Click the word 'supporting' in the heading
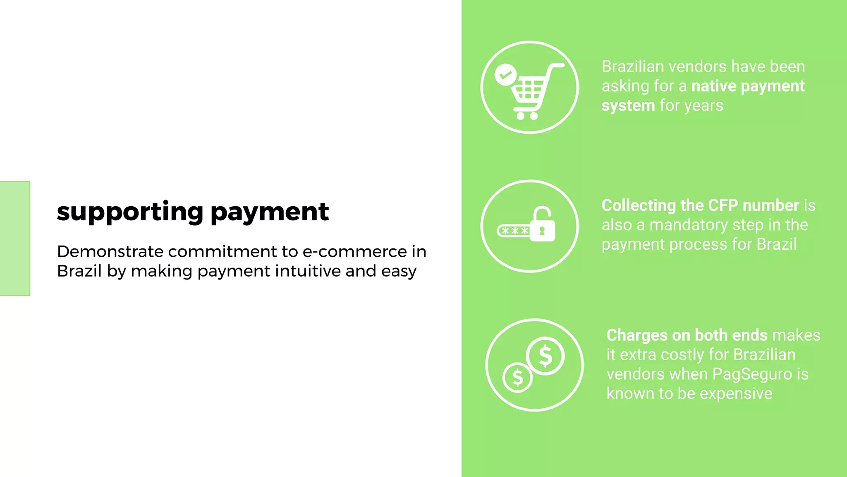point(130,212)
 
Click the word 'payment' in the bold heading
point(270,212)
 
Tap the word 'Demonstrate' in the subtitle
point(110,252)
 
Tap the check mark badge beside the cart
point(505,75)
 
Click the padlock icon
point(542,225)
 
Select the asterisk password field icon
point(514,231)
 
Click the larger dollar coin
point(546,356)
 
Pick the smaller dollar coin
point(517,377)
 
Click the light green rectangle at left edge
point(15,238)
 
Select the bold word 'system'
point(628,106)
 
